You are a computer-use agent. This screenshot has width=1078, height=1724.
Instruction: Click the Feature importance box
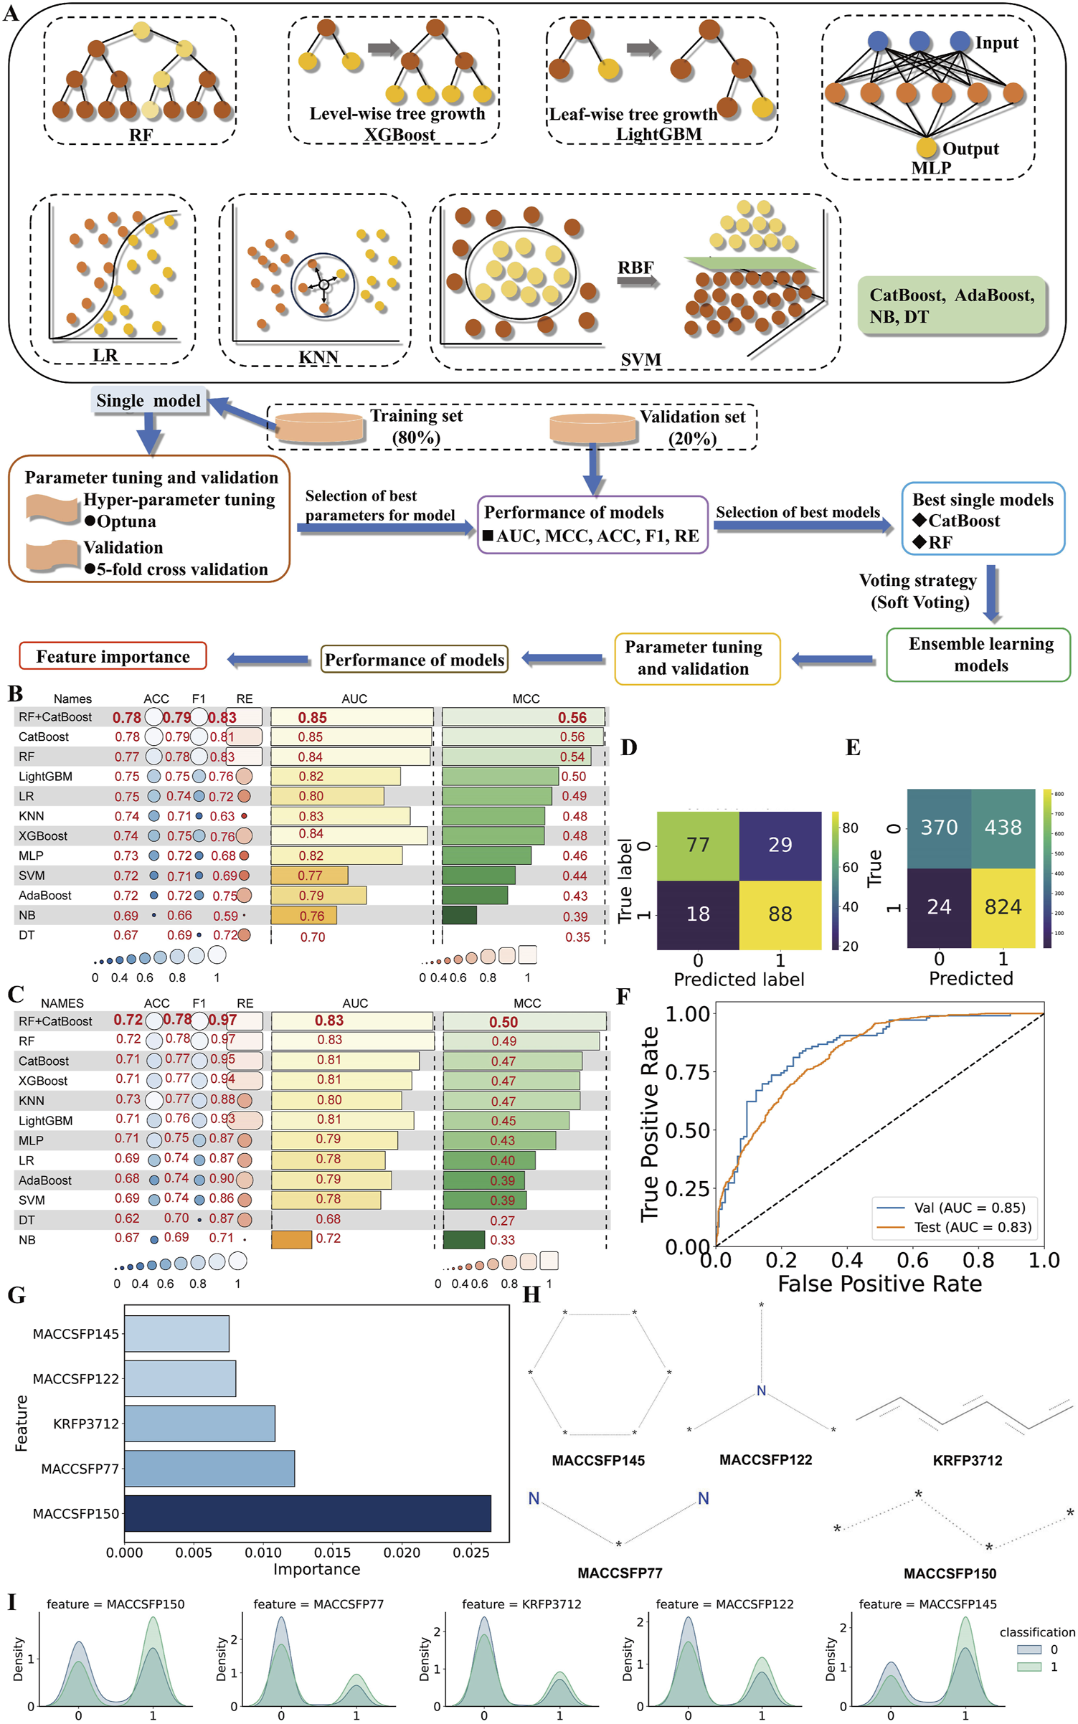click(x=113, y=656)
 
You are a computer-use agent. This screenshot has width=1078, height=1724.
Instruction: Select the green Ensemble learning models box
click(x=980, y=654)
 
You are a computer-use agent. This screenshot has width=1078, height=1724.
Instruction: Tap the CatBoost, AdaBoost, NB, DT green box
click(x=951, y=306)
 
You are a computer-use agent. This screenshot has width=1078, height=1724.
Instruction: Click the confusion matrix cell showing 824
click(x=1003, y=907)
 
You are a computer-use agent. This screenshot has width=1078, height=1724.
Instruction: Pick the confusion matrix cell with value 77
click(x=698, y=845)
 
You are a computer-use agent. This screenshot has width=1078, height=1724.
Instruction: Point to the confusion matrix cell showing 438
click(x=1003, y=828)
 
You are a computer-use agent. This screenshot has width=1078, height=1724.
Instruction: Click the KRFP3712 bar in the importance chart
click(x=199, y=1424)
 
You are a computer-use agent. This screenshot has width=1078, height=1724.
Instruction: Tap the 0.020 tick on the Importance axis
click(x=402, y=1553)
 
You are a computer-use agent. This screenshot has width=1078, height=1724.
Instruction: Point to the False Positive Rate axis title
click(x=879, y=1283)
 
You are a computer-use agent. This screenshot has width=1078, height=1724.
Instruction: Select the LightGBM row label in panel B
click(x=45, y=777)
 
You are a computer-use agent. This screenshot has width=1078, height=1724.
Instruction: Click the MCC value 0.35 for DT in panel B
click(x=577, y=937)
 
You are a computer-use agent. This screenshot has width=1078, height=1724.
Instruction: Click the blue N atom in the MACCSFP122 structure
click(x=761, y=1391)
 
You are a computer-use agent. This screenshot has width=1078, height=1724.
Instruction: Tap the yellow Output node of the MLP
click(x=926, y=147)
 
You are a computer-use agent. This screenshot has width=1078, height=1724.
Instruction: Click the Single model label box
click(x=148, y=401)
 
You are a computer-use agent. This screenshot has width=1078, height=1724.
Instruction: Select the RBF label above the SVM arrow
click(x=635, y=267)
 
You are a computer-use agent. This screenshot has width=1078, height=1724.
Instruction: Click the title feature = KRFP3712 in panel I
click(x=521, y=1604)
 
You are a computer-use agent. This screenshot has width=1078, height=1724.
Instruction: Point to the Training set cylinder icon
click(x=319, y=427)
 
